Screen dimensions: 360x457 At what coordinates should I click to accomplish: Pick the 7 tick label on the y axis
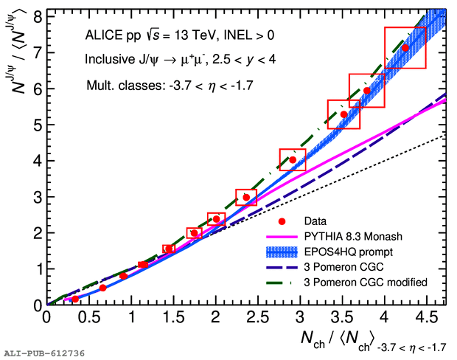click(x=35, y=52)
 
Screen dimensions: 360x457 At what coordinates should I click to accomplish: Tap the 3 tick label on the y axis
click(x=35, y=197)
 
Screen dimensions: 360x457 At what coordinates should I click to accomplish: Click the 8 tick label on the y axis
click(x=35, y=16)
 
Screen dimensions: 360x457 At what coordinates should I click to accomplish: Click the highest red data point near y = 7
click(x=405, y=48)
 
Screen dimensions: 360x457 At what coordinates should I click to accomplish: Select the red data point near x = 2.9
click(x=293, y=159)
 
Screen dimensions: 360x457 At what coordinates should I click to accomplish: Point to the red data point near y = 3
click(x=246, y=197)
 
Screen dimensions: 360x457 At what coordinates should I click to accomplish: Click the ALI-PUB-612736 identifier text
click(x=43, y=353)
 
